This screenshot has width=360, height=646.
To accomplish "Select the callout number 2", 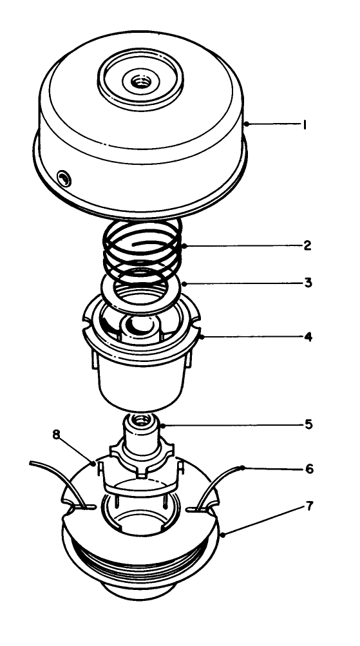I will coord(308,245).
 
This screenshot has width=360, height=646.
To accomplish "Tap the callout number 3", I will coord(308,282).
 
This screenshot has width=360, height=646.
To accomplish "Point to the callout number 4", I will coord(308,336).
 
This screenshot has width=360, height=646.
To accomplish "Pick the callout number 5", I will coord(308,425).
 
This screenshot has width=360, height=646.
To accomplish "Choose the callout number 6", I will coord(309,469).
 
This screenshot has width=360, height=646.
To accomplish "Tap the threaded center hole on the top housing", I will coord(139,82).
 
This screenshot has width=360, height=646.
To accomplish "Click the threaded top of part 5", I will coord(140,422).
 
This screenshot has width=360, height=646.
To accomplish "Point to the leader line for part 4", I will coord(251,336).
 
